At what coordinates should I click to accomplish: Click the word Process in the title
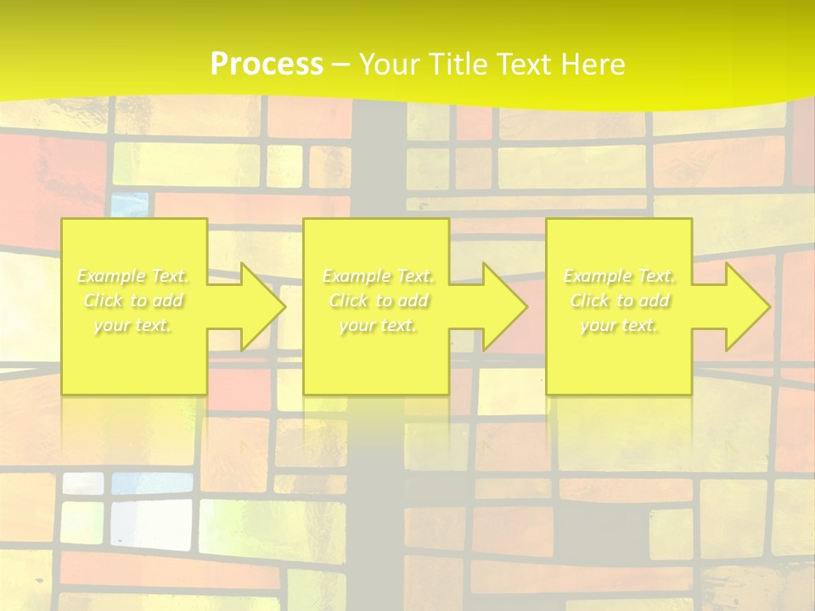pyautogui.click(x=267, y=64)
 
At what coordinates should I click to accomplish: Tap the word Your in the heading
pyautogui.click(x=391, y=64)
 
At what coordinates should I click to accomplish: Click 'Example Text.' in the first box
pyautogui.click(x=133, y=277)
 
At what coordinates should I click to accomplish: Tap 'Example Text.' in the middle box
pyautogui.click(x=378, y=277)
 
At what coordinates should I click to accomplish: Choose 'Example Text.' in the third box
pyautogui.click(x=619, y=277)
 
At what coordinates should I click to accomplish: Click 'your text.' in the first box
pyautogui.click(x=133, y=326)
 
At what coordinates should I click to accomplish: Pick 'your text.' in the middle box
pyautogui.click(x=378, y=326)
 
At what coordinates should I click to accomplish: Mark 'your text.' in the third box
pyautogui.click(x=619, y=326)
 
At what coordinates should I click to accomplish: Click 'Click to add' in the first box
pyautogui.click(x=133, y=301)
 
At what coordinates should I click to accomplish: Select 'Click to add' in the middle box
pyautogui.click(x=378, y=301)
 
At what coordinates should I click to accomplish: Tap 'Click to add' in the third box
pyautogui.click(x=619, y=301)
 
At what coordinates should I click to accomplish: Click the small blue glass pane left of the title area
pyautogui.click(x=129, y=204)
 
